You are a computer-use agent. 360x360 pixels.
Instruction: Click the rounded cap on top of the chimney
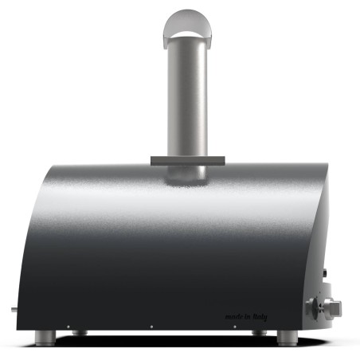click(x=188, y=29)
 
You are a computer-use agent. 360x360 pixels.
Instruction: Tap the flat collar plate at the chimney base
click(x=188, y=161)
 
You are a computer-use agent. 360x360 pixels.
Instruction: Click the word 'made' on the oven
click(x=235, y=316)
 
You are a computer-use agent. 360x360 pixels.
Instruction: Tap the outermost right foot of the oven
click(x=288, y=338)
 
